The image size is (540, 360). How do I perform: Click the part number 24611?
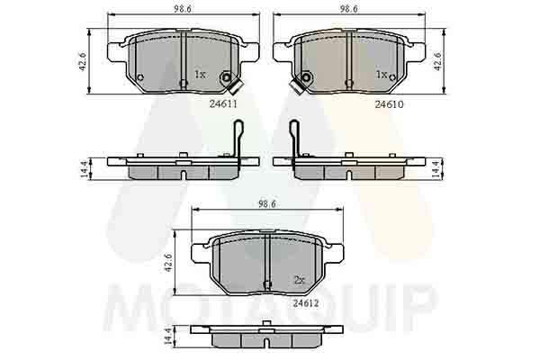(223, 103)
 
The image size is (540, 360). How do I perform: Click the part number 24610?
(389, 104)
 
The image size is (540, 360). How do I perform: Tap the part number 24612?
(306, 303)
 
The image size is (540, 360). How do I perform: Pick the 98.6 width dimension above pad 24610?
(348, 9)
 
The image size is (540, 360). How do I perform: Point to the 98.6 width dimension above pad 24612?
(267, 204)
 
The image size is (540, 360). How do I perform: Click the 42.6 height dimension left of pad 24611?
(83, 62)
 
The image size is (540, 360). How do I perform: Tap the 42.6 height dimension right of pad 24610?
(437, 62)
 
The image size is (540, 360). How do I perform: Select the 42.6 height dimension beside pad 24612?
(168, 263)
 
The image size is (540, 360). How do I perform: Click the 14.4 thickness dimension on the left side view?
(84, 169)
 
